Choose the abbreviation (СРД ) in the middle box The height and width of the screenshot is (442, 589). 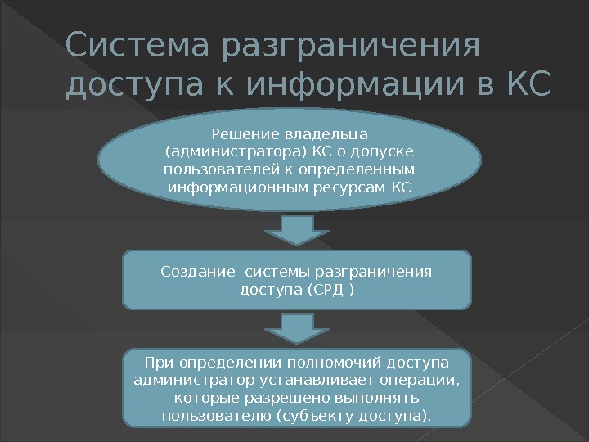[331, 291]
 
